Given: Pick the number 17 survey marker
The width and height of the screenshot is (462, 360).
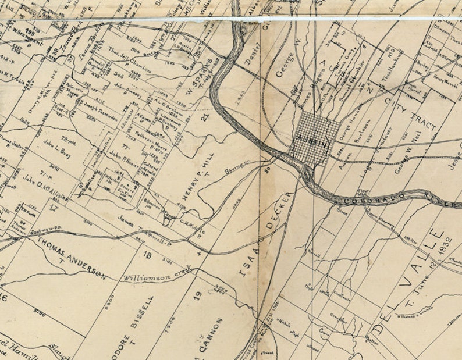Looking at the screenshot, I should click(54, 206).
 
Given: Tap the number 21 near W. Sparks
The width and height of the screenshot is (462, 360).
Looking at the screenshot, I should click(204, 119).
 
